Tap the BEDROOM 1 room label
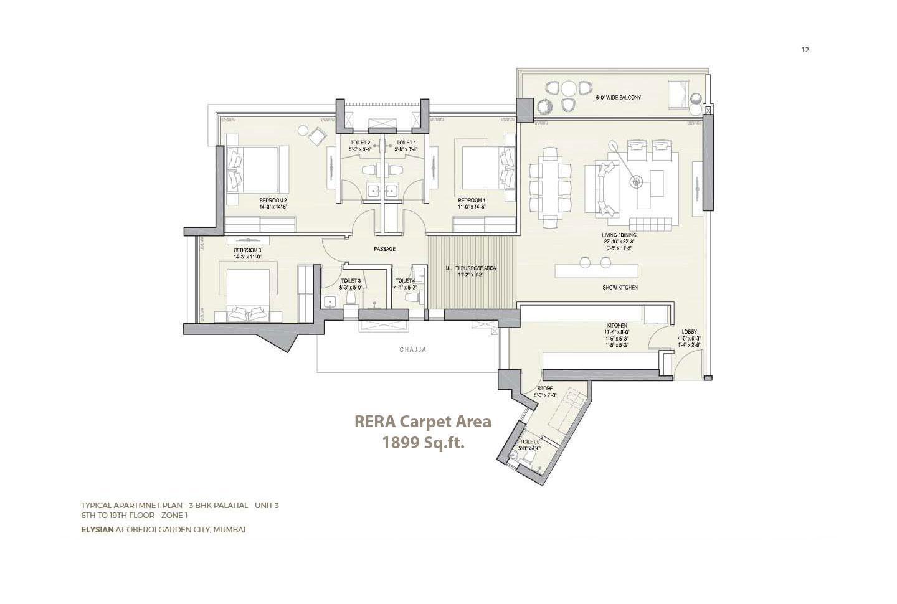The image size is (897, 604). [x=471, y=200]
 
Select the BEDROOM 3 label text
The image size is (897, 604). [x=247, y=250]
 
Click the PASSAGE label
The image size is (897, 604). [x=384, y=249]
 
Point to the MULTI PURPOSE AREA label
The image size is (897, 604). [x=471, y=268]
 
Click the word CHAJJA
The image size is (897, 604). [x=413, y=350]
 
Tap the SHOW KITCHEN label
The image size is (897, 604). [x=619, y=288]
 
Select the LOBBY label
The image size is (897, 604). [x=689, y=332]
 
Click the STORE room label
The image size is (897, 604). [x=544, y=389]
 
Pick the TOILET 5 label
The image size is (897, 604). [x=529, y=441]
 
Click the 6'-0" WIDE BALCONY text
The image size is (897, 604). [x=618, y=98]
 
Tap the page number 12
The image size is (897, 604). [x=805, y=50]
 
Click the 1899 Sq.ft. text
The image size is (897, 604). [x=423, y=443]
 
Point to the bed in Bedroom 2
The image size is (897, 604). [x=256, y=169]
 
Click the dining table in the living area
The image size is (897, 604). [x=550, y=187]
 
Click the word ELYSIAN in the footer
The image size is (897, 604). [x=97, y=530]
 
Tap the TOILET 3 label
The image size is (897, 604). [x=351, y=281]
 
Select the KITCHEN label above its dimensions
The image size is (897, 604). [x=617, y=326]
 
